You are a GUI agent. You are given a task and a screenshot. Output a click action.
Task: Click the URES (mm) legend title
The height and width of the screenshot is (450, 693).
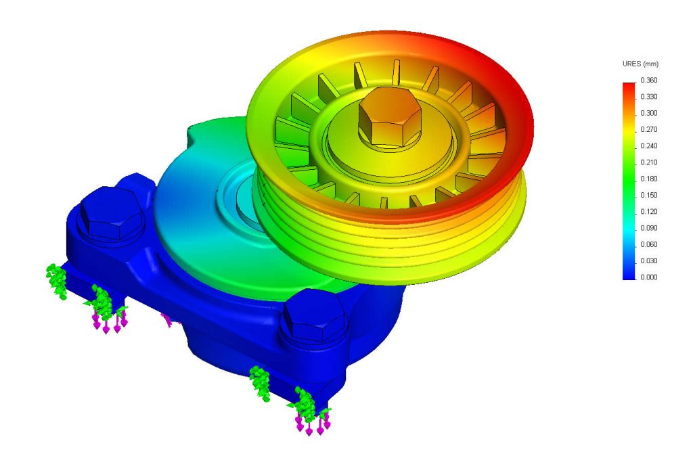tap(640, 64)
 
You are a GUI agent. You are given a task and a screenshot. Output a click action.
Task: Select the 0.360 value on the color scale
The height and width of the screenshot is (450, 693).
tap(648, 81)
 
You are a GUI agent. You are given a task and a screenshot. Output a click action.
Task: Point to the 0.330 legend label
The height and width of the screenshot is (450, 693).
tap(648, 97)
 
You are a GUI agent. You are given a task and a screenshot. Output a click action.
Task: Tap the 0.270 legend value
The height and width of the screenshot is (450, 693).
tap(648, 130)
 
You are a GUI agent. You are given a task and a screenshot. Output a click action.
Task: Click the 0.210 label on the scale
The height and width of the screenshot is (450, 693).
tap(648, 162)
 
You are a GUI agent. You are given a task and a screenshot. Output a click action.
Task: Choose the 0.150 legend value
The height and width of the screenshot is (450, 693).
tap(648, 196)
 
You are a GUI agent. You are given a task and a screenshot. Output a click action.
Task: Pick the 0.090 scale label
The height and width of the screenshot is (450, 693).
tap(648, 228)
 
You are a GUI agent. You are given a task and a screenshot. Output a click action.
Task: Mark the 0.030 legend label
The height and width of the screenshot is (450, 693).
tap(648, 261)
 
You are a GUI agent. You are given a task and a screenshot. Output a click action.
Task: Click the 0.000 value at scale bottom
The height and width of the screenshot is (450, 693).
tap(648, 277)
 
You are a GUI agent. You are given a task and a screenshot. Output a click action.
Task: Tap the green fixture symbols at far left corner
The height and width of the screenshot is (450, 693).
tap(55, 281)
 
